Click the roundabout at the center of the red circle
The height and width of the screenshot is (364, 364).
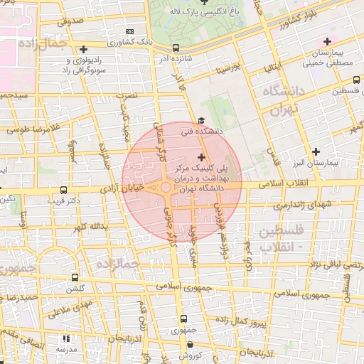(x=166, y=188)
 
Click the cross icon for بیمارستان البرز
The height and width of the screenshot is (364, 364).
(x=316, y=151)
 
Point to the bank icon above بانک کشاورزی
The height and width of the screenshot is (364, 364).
(x=129, y=32)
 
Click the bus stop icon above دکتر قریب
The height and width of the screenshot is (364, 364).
(x=65, y=191)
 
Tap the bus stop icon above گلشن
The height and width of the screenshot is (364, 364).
(x=75, y=278)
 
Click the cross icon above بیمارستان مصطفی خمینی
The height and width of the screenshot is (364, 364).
(x=326, y=42)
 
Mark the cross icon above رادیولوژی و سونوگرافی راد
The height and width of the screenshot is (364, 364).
(x=85, y=50)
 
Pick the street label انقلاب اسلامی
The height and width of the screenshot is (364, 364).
(x=298, y=183)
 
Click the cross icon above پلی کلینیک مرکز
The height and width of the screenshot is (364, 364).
(x=201, y=156)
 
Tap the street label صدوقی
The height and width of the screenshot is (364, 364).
(x=70, y=22)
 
